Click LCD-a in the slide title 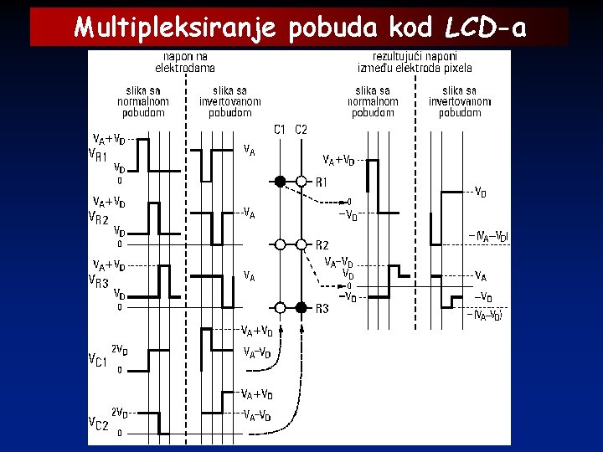coord(486,28)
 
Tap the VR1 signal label coord(99,155)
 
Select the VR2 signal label coord(99,218)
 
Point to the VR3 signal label coord(99,282)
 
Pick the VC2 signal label coord(99,424)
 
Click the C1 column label coord(281,129)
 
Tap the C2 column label coord(301,129)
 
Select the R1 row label coord(322,182)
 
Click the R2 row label coord(322,244)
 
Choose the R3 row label coord(322,308)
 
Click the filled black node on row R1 coord(281,181)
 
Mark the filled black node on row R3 coord(301,307)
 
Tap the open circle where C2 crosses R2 coord(301,244)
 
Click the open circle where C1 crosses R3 coord(281,307)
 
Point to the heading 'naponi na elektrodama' coord(185,62)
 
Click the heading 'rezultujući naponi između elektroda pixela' coord(415,62)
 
